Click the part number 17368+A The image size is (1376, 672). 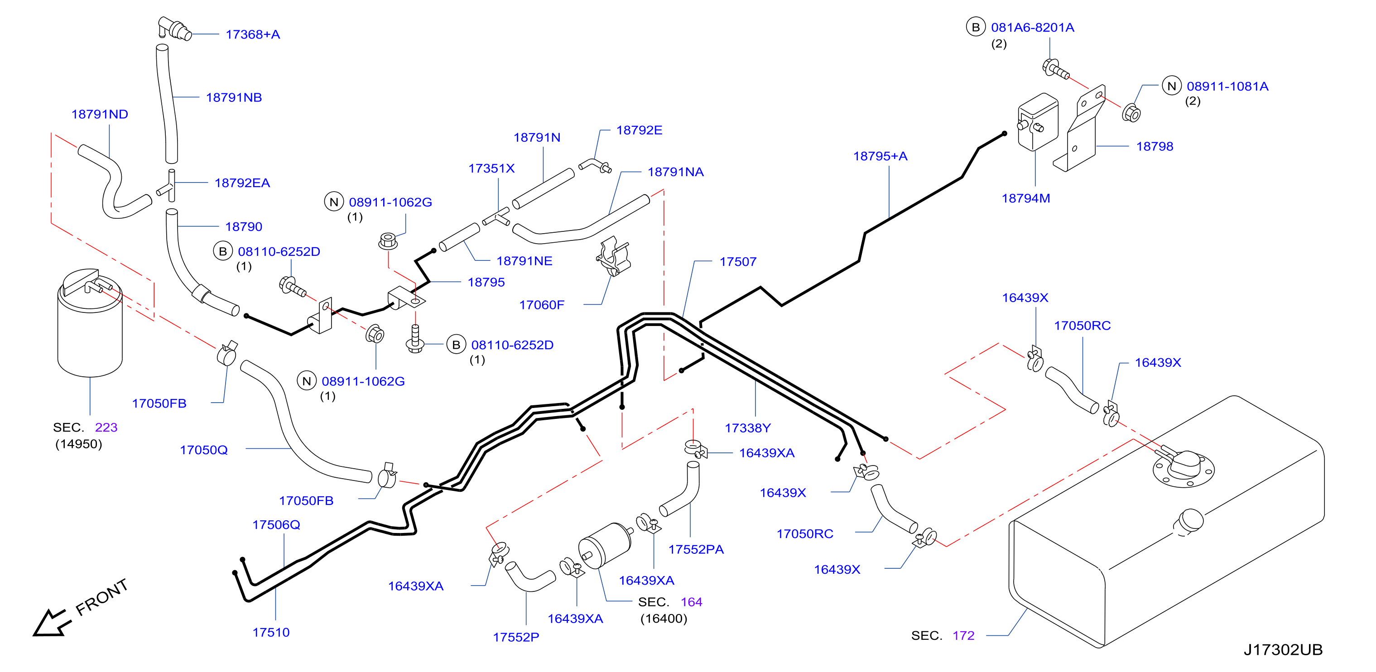tap(253, 35)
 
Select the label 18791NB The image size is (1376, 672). tap(234, 98)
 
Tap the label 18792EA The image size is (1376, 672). tap(242, 183)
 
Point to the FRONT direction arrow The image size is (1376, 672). tap(51, 623)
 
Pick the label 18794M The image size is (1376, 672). tap(1025, 199)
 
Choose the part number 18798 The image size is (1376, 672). tap(1155, 147)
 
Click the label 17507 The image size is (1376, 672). tap(738, 262)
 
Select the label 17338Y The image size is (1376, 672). tap(747, 428)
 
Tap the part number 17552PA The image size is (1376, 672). tap(696, 550)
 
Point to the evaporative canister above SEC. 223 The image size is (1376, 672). tap(90, 323)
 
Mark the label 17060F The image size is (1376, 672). tap(542, 305)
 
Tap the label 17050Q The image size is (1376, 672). tap(203, 450)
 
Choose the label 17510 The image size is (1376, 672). tap(271, 633)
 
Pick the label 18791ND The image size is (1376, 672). tap(100, 114)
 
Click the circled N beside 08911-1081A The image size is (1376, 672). tap(1171, 86)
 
